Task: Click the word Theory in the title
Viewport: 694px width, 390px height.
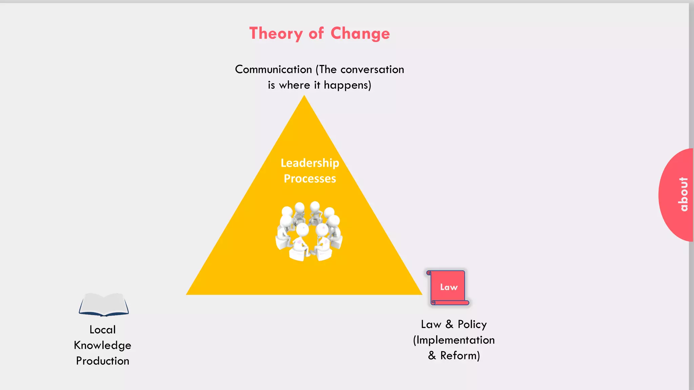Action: tap(276, 34)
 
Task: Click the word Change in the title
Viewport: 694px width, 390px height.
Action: tap(360, 34)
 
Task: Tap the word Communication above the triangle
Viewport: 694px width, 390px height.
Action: tap(273, 69)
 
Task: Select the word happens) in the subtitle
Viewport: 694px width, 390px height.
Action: tap(347, 85)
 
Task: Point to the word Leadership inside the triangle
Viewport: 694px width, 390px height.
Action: tap(310, 163)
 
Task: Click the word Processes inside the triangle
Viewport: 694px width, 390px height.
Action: tap(310, 178)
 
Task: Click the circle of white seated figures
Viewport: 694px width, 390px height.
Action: tap(309, 231)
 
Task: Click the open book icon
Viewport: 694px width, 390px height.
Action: tap(104, 305)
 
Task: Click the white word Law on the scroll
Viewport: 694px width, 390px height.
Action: tap(449, 287)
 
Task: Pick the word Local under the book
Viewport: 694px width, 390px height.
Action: tap(102, 329)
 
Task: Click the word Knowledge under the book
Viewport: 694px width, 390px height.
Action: tap(102, 345)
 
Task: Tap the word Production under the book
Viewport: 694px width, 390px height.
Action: tap(102, 361)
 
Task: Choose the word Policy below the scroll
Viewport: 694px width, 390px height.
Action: tap(472, 324)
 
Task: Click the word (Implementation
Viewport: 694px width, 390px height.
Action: tap(454, 340)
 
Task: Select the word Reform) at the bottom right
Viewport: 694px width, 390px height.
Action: tap(460, 355)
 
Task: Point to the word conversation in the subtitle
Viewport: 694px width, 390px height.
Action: tap(372, 69)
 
